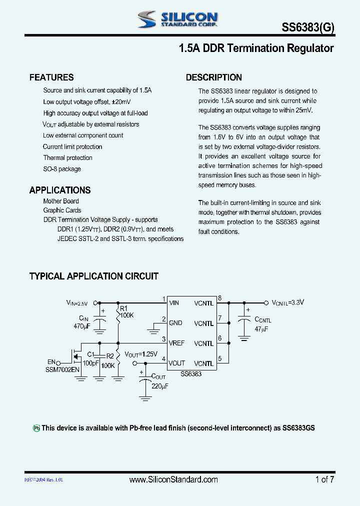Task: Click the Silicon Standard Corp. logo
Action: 177,19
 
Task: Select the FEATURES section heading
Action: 51,77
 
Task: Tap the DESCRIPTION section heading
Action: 214,77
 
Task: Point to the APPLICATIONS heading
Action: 60,190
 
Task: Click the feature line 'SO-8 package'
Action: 62,169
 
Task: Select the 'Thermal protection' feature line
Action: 67,158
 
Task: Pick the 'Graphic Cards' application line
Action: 62,210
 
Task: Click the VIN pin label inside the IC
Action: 174,303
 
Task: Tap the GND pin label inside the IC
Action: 175,323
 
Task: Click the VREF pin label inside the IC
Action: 176,343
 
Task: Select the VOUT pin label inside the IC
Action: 176,363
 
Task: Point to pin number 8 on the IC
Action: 219,298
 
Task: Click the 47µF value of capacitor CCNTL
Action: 261,329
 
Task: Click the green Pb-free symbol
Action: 36,428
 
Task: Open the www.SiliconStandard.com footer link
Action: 173,479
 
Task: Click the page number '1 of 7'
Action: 324,479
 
